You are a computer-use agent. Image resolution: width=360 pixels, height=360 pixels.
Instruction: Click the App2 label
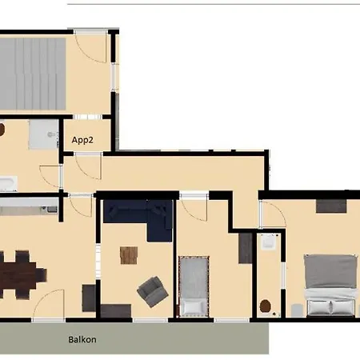pyautogui.click(x=82, y=139)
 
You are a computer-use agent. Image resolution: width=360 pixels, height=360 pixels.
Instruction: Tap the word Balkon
pyautogui.click(x=82, y=339)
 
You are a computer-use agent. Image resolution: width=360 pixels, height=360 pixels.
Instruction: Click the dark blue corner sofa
pyautogui.click(x=139, y=217)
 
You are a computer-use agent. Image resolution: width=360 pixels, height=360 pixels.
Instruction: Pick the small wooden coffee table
pyautogui.click(x=129, y=254)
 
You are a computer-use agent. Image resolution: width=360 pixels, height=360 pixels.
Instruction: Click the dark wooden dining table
pyautogui.click(x=20, y=272)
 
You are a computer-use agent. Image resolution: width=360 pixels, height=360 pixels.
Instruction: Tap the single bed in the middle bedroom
pyautogui.click(x=192, y=284)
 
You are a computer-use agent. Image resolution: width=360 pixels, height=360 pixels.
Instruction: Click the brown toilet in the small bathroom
pyautogui.click(x=266, y=303)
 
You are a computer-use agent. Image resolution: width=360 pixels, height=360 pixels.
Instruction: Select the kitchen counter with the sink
pyautogui.click(x=29, y=207)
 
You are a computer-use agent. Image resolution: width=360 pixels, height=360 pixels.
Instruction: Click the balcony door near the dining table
pyautogui.click(x=48, y=304)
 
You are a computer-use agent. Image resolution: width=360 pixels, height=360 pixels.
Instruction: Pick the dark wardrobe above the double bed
pyautogui.click(x=331, y=206)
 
